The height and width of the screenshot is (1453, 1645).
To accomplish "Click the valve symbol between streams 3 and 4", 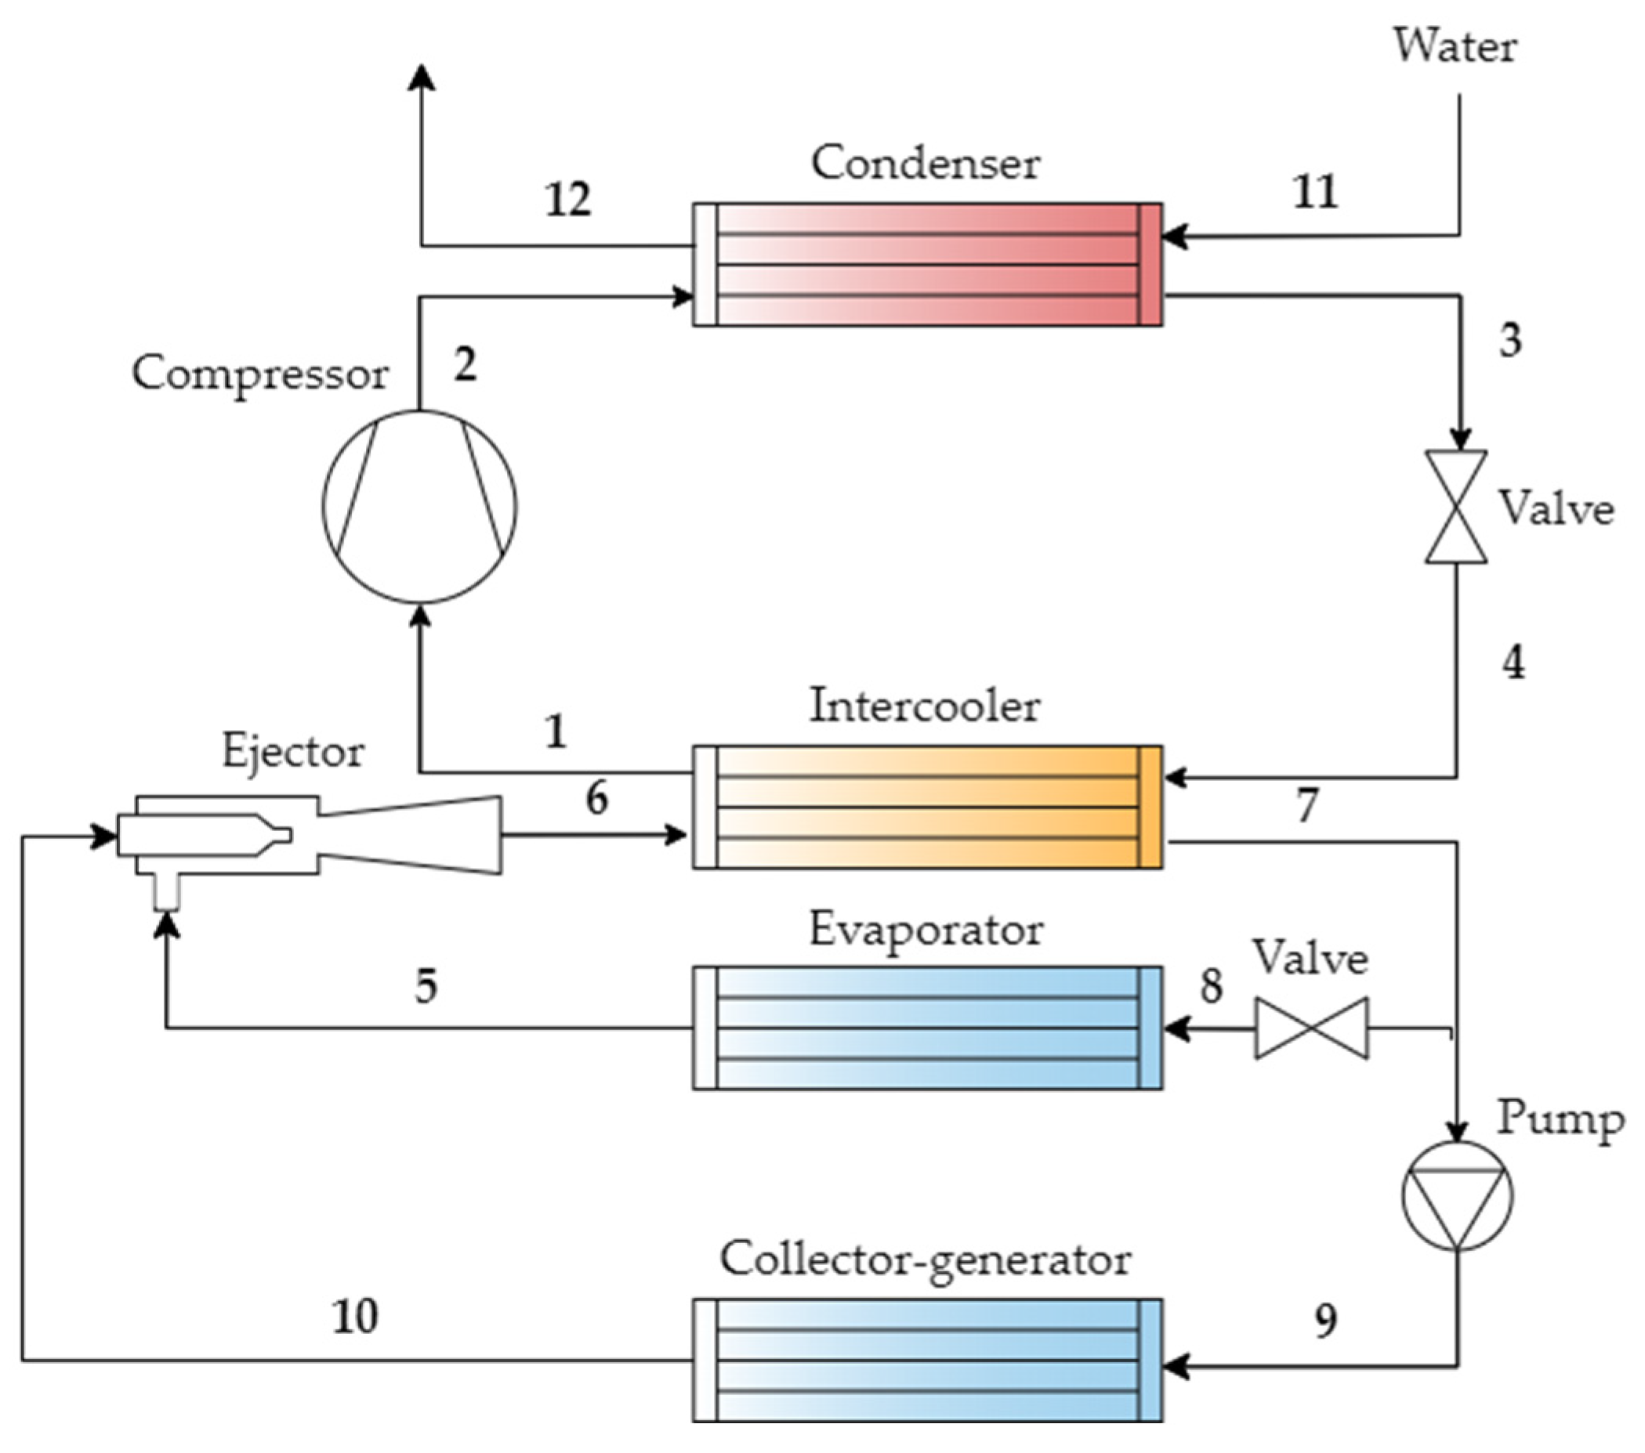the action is pyautogui.click(x=1456, y=506).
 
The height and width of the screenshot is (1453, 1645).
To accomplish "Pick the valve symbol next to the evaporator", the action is pyautogui.click(x=1311, y=1028).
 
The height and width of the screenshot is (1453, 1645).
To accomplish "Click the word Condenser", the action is pyautogui.click(x=926, y=164).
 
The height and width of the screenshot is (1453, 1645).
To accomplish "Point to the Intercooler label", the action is pyautogui.click(x=925, y=706).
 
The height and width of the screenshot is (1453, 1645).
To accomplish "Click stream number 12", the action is pyautogui.click(x=568, y=199).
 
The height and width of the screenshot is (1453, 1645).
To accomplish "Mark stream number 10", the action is pyautogui.click(x=355, y=1317).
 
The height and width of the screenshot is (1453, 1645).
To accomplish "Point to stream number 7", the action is pyautogui.click(x=1307, y=805).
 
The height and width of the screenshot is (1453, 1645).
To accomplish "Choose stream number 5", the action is pyautogui.click(x=426, y=985).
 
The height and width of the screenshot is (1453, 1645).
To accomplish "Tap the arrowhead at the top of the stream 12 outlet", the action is pyautogui.click(x=421, y=78).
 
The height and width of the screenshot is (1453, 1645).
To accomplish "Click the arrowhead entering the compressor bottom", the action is pyautogui.click(x=419, y=616).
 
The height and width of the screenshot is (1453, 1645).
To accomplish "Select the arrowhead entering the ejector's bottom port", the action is pyautogui.click(x=167, y=925).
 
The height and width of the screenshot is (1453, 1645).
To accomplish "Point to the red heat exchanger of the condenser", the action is pyautogui.click(x=927, y=265).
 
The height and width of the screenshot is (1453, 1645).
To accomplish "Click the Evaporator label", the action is pyautogui.click(x=926, y=930).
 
